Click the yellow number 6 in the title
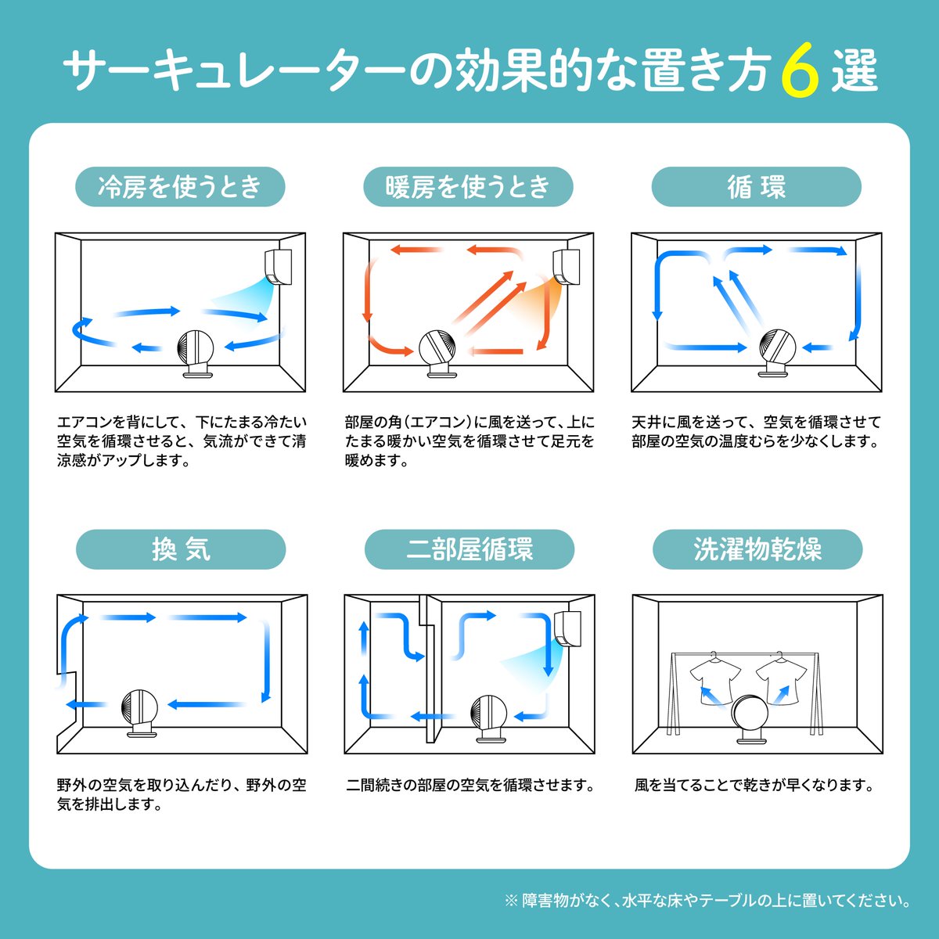click(x=800, y=70)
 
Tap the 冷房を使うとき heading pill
click(x=180, y=187)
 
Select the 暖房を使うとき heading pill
click(x=468, y=187)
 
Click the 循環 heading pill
click(x=756, y=187)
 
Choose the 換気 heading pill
click(x=181, y=549)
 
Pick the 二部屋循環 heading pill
click(x=469, y=549)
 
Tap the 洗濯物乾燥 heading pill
click(x=757, y=549)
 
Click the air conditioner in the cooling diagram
click(x=279, y=267)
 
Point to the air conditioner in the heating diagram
click(x=567, y=267)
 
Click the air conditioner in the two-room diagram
click(x=567, y=628)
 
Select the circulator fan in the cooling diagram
click(x=196, y=354)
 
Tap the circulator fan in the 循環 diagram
click(x=777, y=353)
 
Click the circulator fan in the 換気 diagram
click(x=140, y=714)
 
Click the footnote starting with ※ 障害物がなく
click(x=707, y=901)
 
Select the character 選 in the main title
click(x=854, y=70)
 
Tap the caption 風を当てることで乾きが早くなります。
click(x=754, y=785)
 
